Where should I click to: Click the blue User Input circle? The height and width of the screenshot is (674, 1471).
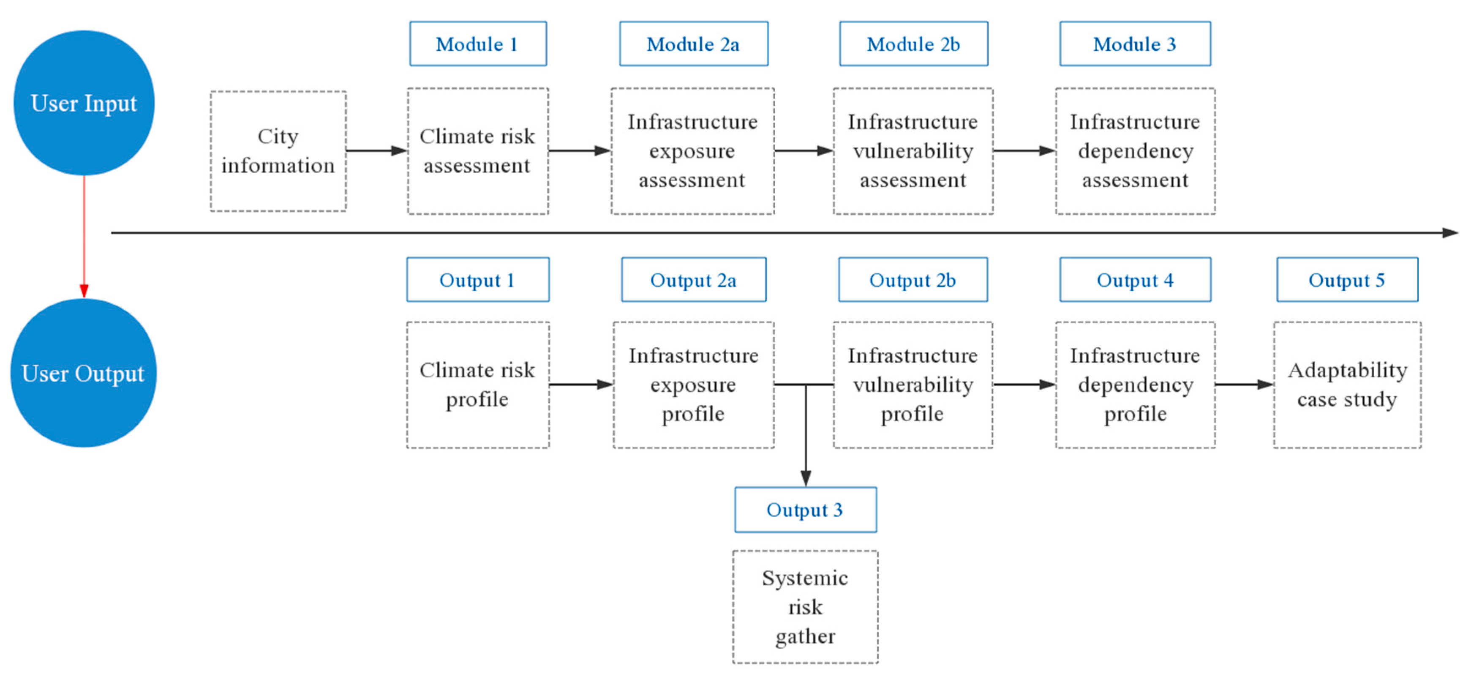click(84, 103)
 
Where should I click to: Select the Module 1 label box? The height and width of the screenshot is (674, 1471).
click(478, 44)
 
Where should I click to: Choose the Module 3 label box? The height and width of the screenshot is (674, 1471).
click(1135, 44)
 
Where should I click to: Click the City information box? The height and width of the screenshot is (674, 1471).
click(278, 151)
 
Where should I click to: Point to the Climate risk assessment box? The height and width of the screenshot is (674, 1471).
click(478, 151)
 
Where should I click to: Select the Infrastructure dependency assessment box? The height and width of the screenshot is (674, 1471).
click(1135, 151)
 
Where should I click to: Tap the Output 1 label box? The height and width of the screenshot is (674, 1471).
click(478, 280)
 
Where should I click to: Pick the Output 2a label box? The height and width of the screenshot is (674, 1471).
click(693, 280)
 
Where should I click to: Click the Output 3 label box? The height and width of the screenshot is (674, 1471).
click(805, 510)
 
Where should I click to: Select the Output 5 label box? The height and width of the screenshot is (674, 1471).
click(1347, 280)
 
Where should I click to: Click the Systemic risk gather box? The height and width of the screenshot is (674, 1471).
click(805, 607)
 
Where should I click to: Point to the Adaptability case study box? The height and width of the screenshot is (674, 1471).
click(1347, 385)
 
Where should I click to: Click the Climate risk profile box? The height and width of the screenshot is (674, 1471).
click(478, 385)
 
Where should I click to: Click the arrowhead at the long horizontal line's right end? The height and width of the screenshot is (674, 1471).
click(1450, 232)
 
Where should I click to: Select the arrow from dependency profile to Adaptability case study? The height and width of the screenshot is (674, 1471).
click(1244, 385)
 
